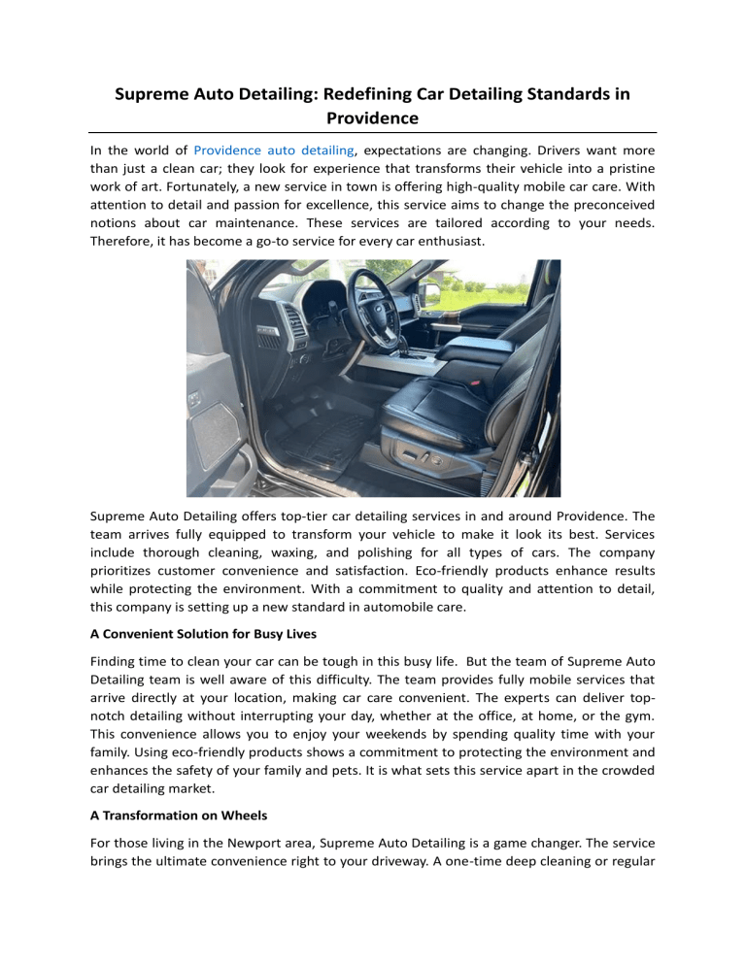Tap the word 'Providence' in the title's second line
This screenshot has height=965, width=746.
tap(373, 117)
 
